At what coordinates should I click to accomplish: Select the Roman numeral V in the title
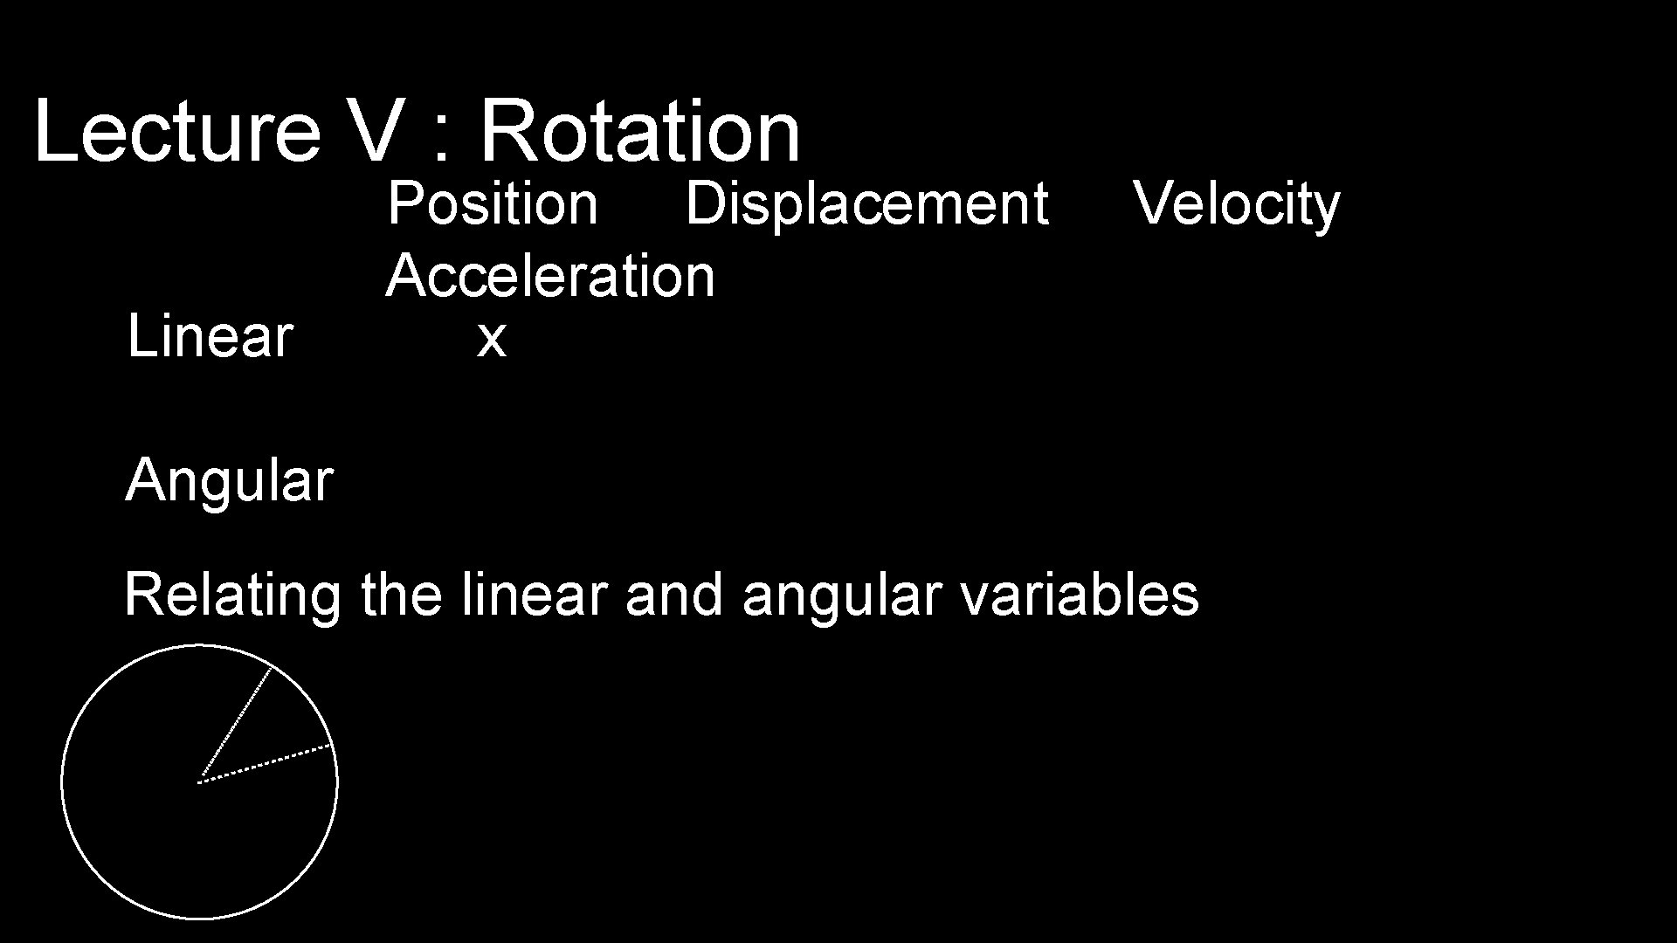(x=377, y=131)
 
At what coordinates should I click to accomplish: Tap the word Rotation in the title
(x=639, y=131)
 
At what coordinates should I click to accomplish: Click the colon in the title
(x=442, y=140)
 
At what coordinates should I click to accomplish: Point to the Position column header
(x=493, y=203)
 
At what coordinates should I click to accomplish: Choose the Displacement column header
(x=866, y=203)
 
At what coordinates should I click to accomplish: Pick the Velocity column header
(x=1236, y=203)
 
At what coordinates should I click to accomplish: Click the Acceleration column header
(x=550, y=276)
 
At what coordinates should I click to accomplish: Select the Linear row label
(x=210, y=336)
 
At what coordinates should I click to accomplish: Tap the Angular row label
(x=229, y=480)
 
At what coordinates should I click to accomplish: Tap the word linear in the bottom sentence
(x=534, y=595)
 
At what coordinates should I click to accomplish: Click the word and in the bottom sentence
(x=674, y=595)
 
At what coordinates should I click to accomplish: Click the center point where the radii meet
(x=199, y=781)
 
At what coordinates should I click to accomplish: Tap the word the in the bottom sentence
(x=401, y=595)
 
